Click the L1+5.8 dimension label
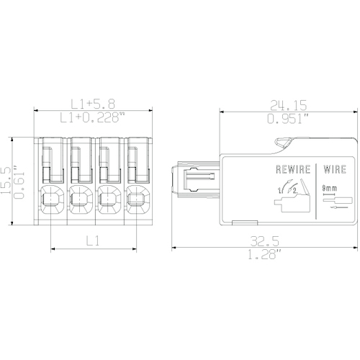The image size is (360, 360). pyautogui.click(x=93, y=104)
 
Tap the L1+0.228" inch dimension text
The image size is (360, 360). pyautogui.click(x=93, y=117)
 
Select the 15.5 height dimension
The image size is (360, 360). pyautogui.click(x=6, y=180)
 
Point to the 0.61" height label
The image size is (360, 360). pyautogui.click(x=19, y=182)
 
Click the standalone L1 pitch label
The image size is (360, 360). pyautogui.click(x=93, y=240)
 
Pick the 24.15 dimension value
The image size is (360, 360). pyautogui.click(x=289, y=105)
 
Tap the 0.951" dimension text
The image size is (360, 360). pyautogui.click(x=288, y=119)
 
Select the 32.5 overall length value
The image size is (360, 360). pyautogui.click(x=265, y=241)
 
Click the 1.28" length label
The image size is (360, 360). pyautogui.click(x=264, y=254)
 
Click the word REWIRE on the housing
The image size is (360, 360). pyautogui.click(x=293, y=169)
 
